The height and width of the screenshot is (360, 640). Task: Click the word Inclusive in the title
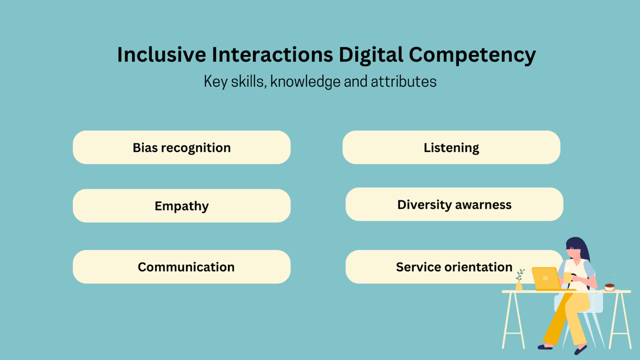pyautogui.click(x=162, y=55)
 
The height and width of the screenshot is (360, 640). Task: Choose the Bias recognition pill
pyautogui.click(x=181, y=147)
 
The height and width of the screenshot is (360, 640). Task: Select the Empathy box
pyautogui.click(x=181, y=206)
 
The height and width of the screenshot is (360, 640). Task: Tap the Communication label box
pyautogui.click(x=181, y=267)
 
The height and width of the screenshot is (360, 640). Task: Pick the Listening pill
pyautogui.click(x=451, y=147)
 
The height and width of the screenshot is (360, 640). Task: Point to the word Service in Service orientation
pyautogui.click(x=416, y=267)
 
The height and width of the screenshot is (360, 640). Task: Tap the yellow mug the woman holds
pyautogui.click(x=567, y=278)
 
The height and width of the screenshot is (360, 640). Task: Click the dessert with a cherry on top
pyautogui.click(x=610, y=287)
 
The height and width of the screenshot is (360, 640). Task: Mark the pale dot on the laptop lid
pyautogui.click(x=545, y=278)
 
